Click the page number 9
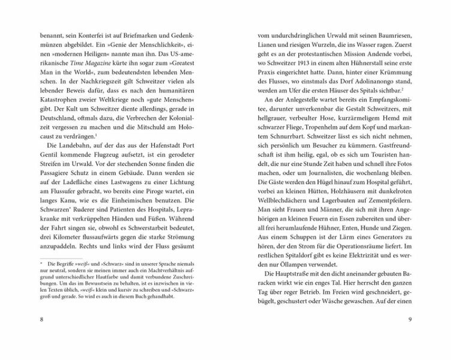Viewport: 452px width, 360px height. click(409, 335)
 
